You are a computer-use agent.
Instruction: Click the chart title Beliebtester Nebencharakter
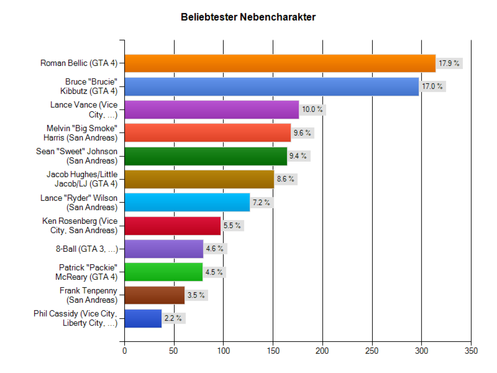click(248, 17)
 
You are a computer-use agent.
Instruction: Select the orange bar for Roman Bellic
click(280, 63)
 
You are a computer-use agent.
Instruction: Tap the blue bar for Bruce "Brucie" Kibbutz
click(271, 87)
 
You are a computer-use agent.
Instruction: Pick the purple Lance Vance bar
click(212, 110)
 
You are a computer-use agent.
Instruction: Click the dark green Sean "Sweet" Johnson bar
click(205, 156)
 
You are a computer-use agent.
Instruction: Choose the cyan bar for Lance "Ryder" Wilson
click(187, 202)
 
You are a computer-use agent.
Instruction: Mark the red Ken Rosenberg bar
click(172, 226)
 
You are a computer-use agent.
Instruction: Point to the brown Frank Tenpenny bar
click(155, 295)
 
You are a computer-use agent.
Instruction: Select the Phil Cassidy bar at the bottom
click(143, 319)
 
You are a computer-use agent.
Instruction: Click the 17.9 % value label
click(449, 63)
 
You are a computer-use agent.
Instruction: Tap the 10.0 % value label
click(312, 110)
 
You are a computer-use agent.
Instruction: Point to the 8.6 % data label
click(285, 179)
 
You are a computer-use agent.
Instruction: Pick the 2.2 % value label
click(173, 318)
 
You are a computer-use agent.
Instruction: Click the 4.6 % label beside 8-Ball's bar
click(214, 249)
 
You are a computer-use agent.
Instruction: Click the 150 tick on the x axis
click(273, 351)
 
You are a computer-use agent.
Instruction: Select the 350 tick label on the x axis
click(471, 351)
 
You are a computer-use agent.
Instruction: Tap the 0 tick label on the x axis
click(125, 351)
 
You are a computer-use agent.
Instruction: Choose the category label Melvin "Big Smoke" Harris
click(80, 133)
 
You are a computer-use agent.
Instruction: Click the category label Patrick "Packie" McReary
click(87, 272)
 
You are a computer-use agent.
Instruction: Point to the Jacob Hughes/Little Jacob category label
click(82, 179)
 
